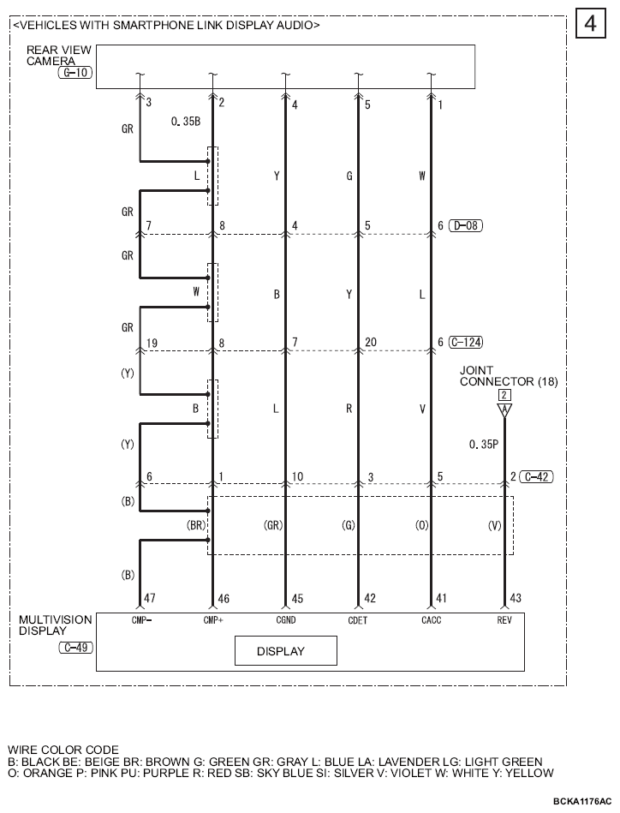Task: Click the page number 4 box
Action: [590, 24]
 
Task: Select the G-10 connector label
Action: [75, 73]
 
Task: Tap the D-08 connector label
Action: [466, 225]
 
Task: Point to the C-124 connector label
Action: [466, 342]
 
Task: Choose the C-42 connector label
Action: [536, 476]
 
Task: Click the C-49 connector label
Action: [75, 648]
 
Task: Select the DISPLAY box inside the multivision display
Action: [286, 651]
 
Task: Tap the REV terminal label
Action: [504, 620]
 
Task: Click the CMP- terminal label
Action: [141, 620]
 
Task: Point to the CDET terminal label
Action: [358, 620]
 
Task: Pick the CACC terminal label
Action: [432, 620]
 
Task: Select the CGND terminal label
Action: [286, 620]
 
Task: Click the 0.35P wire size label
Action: [484, 445]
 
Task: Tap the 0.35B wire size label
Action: [186, 122]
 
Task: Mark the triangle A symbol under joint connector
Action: [504, 410]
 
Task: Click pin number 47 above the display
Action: [149, 598]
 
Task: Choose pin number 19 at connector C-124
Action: [152, 343]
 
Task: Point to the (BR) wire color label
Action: [196, 525]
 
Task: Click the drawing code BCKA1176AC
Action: [582, 802]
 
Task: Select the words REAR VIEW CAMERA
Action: [58, 56]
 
